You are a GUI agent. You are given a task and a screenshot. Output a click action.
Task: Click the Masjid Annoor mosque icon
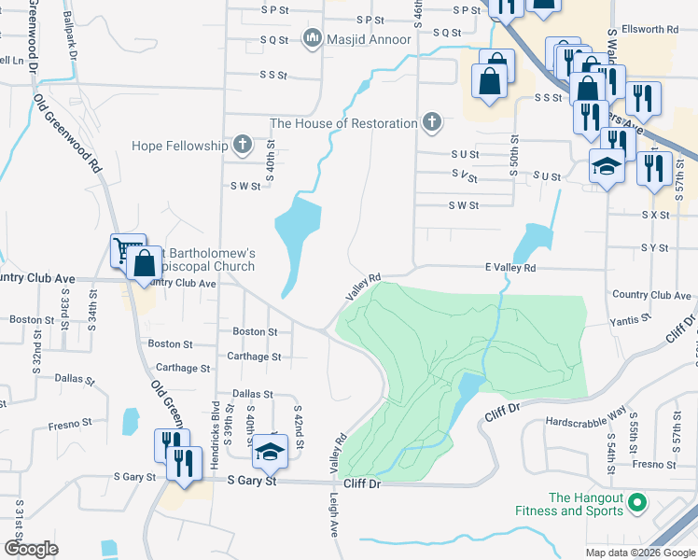[x=312, y=38]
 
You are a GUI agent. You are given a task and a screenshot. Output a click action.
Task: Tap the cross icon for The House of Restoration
[x=431, y=122]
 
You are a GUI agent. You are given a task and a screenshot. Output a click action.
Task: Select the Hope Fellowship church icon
[x=243, y=145]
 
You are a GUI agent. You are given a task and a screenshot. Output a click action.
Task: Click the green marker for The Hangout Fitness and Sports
[x=638, y=504]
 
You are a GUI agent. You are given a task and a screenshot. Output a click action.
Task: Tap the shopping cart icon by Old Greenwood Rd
[x=127, y=249]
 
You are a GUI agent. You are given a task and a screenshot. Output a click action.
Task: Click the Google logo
[x=31, y=549]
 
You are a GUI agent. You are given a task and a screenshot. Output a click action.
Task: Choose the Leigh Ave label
[x=331, y=515]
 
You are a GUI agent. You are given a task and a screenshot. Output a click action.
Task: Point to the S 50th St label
[x=513, y=150]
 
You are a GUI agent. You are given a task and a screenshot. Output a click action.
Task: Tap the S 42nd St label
[x=298, y=426]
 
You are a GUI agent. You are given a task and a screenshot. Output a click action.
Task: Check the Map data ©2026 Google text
[x=639, y=552]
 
